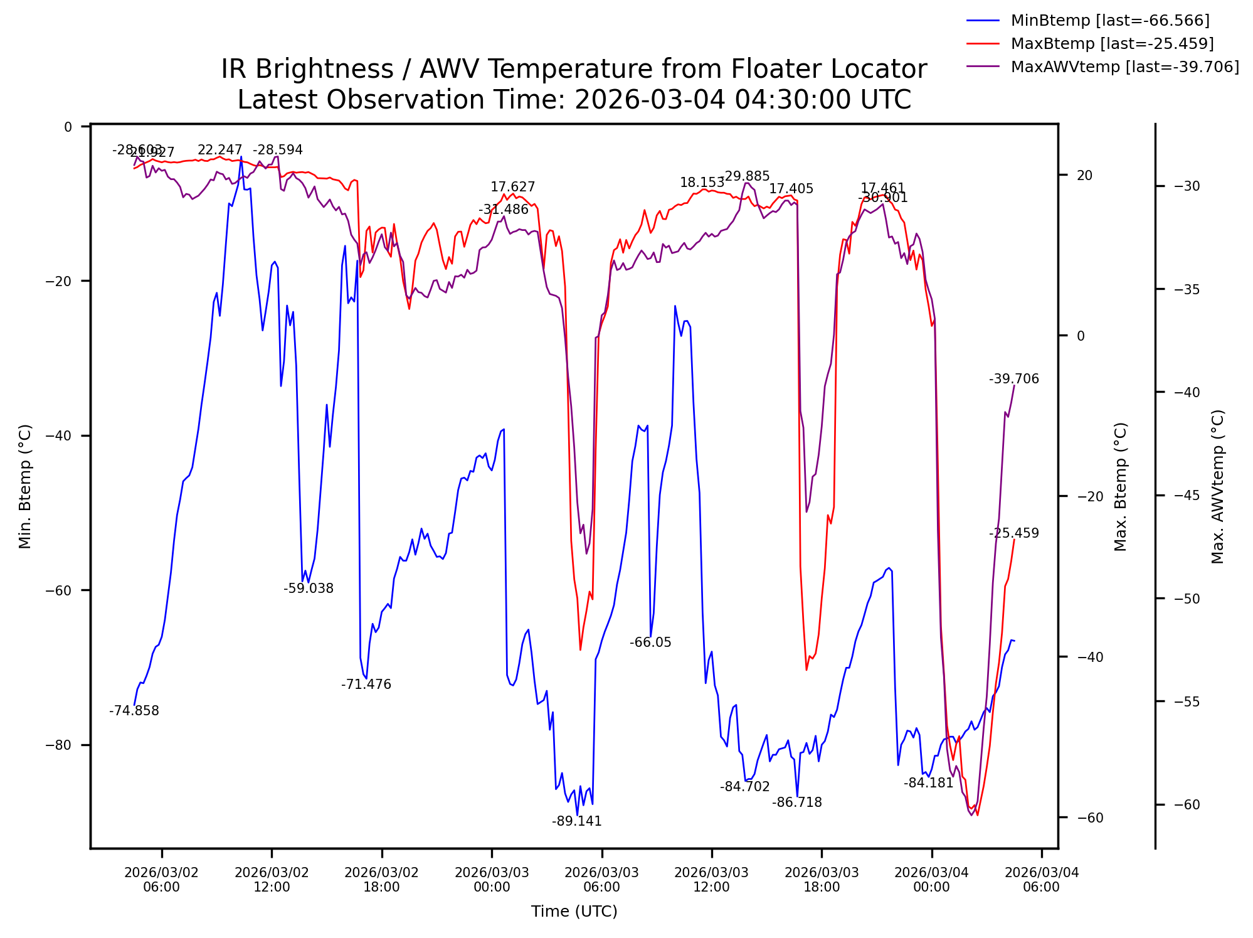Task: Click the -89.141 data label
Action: click(576, 821)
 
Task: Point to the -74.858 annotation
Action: click(134, 711)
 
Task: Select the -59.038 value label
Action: click(309, 589)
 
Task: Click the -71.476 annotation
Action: click(366, 685)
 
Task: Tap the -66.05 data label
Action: click(650, 642)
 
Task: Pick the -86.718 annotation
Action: click(796, 802)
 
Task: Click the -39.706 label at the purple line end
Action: click(1014, 379)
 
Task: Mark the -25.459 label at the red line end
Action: click(1014, 533)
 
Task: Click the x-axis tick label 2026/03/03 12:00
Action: click(712, 880)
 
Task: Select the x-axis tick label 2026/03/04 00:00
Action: click(931, 880)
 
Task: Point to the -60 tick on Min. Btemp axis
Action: click(59, 590)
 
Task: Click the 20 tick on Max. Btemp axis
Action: click(1084, 176)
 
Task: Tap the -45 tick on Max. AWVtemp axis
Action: click(1187, 496)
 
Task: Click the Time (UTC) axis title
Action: click(574, 912)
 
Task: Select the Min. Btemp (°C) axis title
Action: click(25, 486)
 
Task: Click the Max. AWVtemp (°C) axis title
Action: click(1218, 486)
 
